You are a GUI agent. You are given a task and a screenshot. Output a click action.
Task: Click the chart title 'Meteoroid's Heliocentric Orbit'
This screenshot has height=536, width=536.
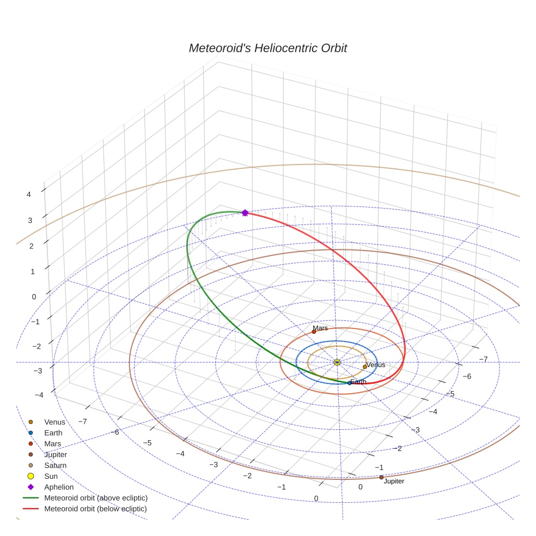(x=267, y=48)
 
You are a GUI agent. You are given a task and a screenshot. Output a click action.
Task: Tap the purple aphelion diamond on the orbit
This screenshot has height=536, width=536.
(x=245, y=213)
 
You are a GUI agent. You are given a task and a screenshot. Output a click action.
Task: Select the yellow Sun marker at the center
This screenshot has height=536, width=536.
(x=337, y=362)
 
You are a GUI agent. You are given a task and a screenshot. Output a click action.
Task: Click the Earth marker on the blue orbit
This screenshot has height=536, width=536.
(x=349, y=383)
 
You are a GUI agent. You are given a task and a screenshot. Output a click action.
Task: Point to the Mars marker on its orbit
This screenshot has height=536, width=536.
(x=314, y=332)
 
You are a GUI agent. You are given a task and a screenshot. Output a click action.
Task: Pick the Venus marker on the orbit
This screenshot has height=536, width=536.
(x=365, y=367)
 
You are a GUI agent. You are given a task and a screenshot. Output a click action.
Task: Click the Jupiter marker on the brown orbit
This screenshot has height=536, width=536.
(x=381, y=478)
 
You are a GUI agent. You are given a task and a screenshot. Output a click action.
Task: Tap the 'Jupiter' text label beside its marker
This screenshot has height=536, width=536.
(x=394, y=482)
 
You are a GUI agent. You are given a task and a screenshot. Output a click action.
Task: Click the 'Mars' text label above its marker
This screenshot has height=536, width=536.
(x=320, y=328)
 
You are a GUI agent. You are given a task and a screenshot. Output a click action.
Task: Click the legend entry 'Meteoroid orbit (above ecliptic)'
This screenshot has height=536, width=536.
(x=95, y=498)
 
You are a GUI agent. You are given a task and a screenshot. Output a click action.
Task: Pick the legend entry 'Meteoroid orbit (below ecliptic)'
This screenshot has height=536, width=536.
(x=95, y=509)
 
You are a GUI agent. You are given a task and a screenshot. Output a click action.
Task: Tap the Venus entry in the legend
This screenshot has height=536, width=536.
(x=54, y=422)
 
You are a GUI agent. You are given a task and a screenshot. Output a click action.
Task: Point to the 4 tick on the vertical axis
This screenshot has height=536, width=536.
(x=28, y=194)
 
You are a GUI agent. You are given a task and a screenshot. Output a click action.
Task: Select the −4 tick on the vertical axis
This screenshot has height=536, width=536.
(x=38, y=395)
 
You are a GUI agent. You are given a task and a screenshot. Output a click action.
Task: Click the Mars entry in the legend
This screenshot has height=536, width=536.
(x=52, y=443)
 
